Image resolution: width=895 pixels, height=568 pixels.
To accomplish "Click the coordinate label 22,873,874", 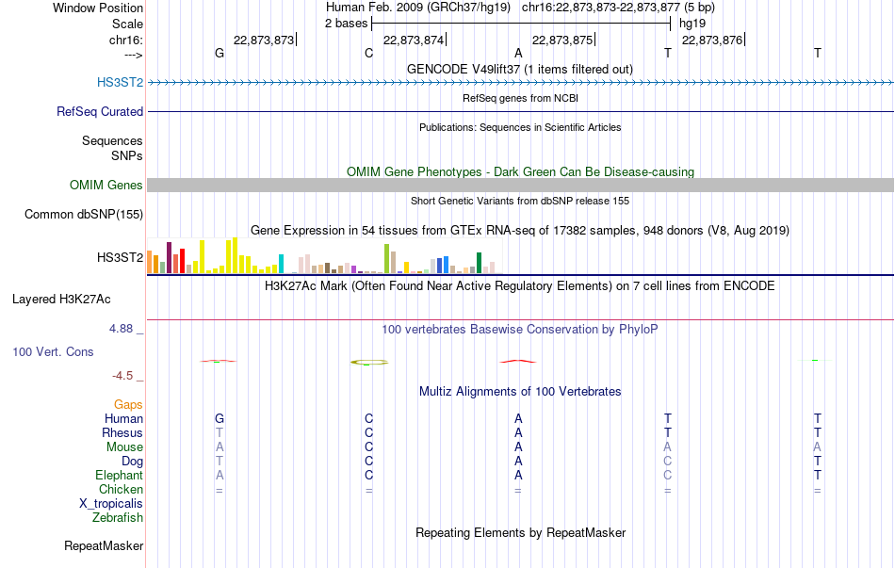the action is (x=414, y=40).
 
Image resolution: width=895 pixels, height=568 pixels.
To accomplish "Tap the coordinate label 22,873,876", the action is (x=712, y=40).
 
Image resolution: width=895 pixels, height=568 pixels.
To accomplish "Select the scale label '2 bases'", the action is (x=347, y=24).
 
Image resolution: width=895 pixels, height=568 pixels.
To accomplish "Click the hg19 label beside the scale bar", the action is (x=692, y=24).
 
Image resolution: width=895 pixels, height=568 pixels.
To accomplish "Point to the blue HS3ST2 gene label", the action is (x=120, y=82).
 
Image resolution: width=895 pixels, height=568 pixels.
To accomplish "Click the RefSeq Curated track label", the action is (x=100, y=111).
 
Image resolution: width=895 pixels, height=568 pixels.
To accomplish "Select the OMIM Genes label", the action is (x=106, y=185).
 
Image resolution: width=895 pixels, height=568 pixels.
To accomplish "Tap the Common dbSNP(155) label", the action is (x=84, y=214).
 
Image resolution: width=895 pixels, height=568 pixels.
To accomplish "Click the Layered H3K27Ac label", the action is (x=61, y=300).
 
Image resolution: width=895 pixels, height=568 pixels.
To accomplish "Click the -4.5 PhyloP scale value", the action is (x=122, y=376).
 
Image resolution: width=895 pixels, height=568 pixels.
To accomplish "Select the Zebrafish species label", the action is (x=118, y=518).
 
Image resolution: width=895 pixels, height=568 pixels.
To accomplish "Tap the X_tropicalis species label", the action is (x=111, y=504).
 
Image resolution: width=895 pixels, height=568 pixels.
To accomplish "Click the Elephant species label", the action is (x=120, y=475).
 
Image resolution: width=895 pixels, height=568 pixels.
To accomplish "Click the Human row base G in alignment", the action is (x=220, y=418).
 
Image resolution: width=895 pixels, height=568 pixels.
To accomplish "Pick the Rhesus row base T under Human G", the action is (x=220, y=432).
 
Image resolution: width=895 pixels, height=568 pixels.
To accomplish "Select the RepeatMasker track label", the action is (x=104, y=545).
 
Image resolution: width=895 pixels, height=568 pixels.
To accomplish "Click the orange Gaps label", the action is (x=128, y=404).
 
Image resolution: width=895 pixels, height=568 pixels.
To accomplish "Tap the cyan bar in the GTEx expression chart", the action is (x=281, y=264).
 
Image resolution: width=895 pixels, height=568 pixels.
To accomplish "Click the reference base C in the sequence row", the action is (x=368, y=53).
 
